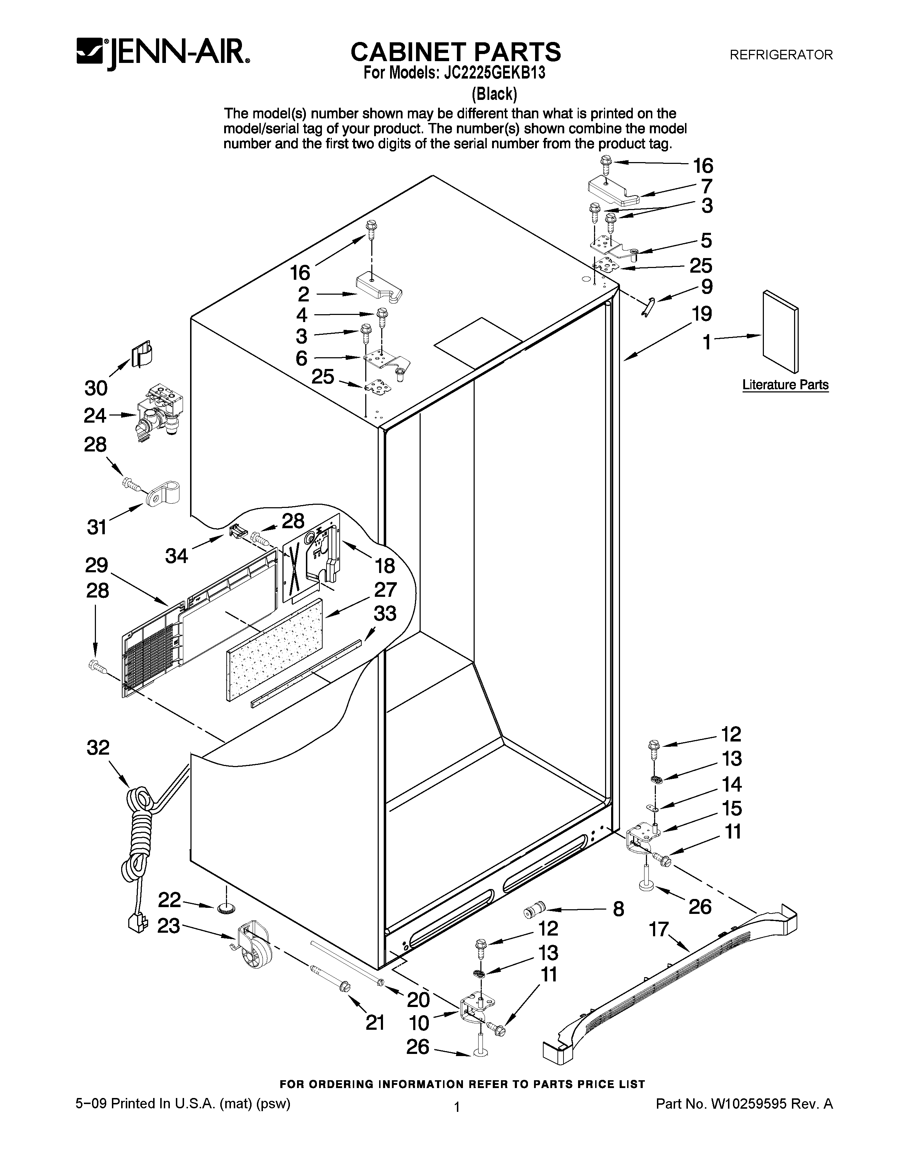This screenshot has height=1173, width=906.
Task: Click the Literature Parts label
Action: [785, 385]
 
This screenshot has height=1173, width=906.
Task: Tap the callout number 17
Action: [659, 928]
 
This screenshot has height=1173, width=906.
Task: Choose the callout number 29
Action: [97, 565]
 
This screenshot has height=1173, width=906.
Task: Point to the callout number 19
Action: [701, 313]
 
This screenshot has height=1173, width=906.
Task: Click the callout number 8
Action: [618, 909]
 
